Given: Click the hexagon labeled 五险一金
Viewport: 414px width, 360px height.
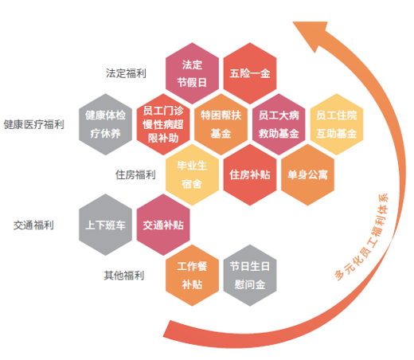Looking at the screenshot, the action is coord(250,73).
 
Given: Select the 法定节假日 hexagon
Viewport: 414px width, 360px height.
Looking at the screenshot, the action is coord(192,73).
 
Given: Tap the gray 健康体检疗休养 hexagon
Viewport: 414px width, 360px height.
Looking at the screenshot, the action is coord(105,124).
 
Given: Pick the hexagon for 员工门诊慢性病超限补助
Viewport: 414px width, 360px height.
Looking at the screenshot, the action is coord(163,124).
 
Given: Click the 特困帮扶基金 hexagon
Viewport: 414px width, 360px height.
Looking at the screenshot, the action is coord(221,124).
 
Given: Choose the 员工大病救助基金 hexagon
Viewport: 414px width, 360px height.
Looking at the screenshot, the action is coord(279,124).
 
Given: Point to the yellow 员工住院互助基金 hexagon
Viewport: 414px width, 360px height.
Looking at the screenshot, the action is coord(337,124).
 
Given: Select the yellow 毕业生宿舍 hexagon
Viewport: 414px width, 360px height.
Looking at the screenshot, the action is coord(192,174).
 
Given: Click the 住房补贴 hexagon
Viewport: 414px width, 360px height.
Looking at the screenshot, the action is coord(250,174).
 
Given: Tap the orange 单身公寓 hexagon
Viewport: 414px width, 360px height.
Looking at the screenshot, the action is coord(307,174).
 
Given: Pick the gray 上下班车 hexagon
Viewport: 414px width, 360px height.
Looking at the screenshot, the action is coord(105,225).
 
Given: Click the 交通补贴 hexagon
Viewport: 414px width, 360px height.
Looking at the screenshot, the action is coord(163,225).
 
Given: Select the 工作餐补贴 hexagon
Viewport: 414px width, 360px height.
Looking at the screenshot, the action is coord(192,276).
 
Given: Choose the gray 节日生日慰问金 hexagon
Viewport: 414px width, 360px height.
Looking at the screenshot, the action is coord(250,276).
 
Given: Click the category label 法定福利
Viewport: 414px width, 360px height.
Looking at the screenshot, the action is coord(126,73).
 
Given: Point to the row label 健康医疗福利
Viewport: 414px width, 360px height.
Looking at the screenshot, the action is coord(34,124).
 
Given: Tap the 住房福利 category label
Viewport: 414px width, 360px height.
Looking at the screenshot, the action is coord(135,174).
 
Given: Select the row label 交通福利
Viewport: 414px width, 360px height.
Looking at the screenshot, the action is coord(33,225).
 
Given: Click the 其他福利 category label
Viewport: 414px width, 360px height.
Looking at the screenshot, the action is coord(124,276).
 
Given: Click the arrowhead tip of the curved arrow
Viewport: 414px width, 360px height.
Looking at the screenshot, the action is coord(293,22).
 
